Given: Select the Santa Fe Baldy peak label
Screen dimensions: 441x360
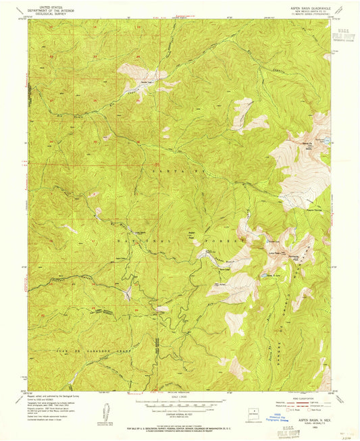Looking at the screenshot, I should pos(307,144).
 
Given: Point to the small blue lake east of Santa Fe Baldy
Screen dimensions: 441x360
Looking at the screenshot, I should pos(328,140).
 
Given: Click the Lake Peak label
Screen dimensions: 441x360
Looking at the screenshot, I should pos(276,253).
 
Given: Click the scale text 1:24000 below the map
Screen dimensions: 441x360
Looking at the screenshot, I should pos(179,397).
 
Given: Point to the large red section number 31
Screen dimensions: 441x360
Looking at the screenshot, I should pos(156,164).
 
